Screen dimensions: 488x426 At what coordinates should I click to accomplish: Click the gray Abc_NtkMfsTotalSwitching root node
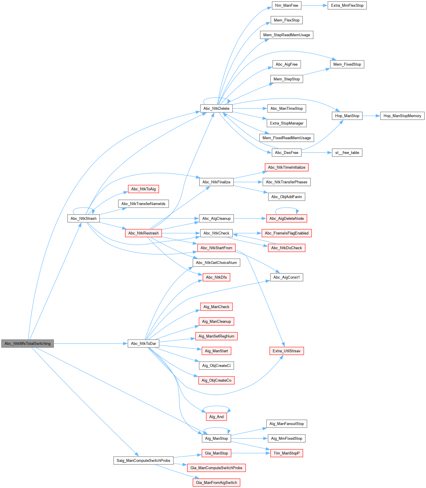coord(28,343)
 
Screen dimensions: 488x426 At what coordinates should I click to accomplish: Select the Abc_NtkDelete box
coord(216,108)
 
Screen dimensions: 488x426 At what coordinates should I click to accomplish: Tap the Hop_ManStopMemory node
coord(402,116)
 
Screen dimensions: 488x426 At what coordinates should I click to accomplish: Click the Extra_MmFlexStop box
coord(347,5)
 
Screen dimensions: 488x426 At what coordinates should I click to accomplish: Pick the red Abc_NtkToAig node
coord(143,189)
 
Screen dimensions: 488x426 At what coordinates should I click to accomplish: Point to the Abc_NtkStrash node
coord(83,218)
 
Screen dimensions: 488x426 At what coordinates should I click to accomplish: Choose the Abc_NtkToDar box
coord(143,343)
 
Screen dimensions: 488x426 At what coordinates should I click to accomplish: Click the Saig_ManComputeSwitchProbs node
coord(143,460)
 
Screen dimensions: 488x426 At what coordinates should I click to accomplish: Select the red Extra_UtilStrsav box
coord(287,351)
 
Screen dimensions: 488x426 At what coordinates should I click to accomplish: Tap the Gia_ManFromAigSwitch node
coord(216,482)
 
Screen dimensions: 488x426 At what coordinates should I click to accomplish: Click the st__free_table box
coord(347,152)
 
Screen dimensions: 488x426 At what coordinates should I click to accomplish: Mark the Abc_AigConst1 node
coord(287,277)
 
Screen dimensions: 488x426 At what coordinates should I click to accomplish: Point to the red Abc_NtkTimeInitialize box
coord(287,167)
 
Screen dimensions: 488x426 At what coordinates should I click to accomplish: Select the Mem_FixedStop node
coord(347,64)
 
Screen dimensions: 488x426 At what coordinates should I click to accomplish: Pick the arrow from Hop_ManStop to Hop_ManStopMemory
coord(371,116)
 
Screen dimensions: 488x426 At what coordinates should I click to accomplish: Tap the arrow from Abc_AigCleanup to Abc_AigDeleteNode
coord(250,218)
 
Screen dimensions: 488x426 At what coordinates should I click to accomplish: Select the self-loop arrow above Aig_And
coord(216,406)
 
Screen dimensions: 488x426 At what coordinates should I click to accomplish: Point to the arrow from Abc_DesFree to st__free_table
coord(317,152)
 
